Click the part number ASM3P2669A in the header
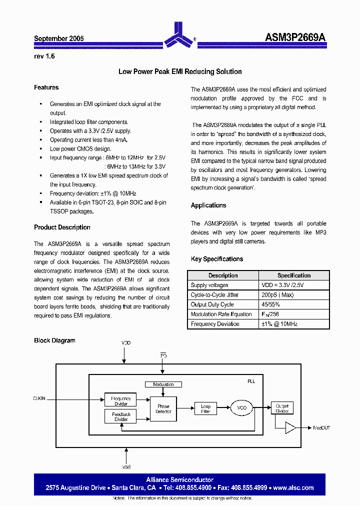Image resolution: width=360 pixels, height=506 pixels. [295, 37]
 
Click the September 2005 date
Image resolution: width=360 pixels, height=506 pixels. [58, 38]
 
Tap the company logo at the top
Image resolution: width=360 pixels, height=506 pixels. [179, 34]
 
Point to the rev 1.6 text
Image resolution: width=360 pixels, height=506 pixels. [44, 56]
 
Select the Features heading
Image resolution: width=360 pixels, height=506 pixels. [46, 87]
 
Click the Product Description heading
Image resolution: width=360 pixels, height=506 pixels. [62, 227]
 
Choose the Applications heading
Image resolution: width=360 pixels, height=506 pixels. [208, 205]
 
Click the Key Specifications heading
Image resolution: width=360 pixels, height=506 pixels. [217, 259]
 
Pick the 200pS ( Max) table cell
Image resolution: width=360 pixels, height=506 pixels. [278, 295]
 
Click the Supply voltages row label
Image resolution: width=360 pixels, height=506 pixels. [209, 285]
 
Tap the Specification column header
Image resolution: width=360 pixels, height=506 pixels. [294, 275]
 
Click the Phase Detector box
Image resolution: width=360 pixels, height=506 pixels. [163, 409]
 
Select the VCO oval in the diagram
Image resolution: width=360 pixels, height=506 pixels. [242, 408]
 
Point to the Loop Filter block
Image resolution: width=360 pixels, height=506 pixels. [206, 408]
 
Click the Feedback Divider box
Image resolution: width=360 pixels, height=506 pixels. [121, 416]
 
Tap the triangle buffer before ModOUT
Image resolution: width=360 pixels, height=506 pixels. [290, 427]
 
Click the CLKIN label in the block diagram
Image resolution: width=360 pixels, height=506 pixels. [39, 398]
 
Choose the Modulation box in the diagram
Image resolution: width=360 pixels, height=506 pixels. [163, 384]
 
